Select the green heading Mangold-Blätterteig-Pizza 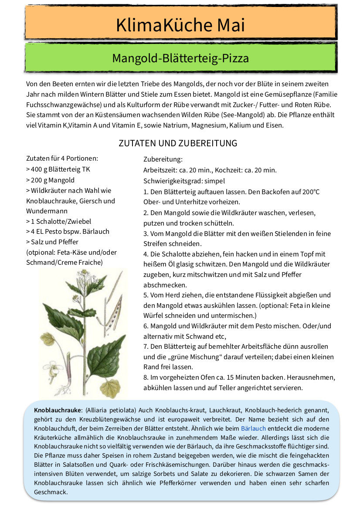click(x=180, y=58)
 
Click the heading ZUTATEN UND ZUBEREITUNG click(x=178, y=143)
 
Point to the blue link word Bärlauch click(x=253, y=428)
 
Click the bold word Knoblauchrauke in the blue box click(x=58, y=410)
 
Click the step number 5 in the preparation click(x=146, y=295)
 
